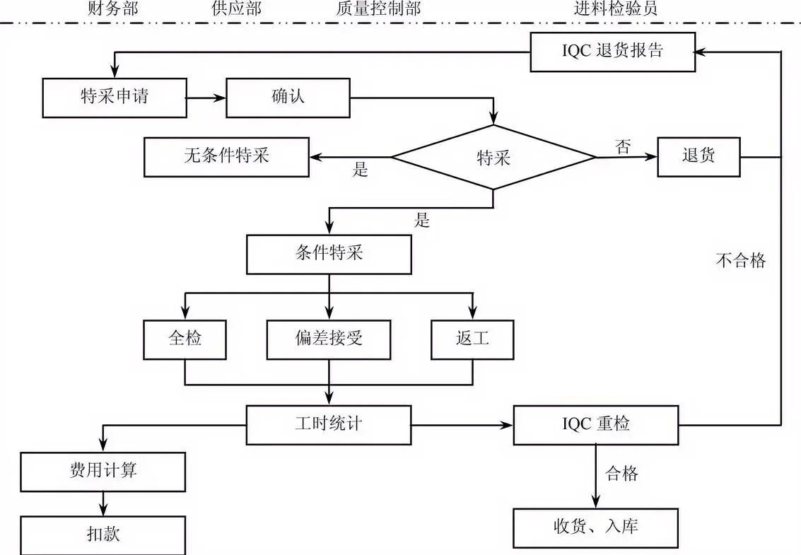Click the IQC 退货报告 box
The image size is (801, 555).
[x=612, y=52]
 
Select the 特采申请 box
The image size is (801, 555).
[x=115, y=97]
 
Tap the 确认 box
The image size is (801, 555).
[x=288, y=97]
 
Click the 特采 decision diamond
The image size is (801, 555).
[x=493, y=157]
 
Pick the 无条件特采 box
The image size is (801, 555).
[x=226, y=156]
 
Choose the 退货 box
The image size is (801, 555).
[x=698, y=156]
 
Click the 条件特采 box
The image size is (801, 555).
[x=329, y=255]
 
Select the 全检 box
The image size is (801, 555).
[x=185, y=339]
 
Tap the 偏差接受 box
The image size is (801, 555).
[x=329, y=339]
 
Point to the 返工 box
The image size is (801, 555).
[x=472, y=339]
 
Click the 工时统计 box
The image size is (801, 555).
[x=329, y=424]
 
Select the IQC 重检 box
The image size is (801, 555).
[x=596, y=424]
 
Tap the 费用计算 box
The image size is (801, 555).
[x=103, y=471]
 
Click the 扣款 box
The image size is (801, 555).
[x=103, y=534]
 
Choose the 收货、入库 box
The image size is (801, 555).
[x=596, y=527]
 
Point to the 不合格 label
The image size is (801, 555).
[x=741, y=261]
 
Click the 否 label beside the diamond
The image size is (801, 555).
[x=623, y=147]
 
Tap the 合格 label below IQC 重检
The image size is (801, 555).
[x=622, y=474]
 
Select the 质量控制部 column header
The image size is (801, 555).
[x=378, y=9]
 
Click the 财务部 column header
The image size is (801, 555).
[x=112, y=9]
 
